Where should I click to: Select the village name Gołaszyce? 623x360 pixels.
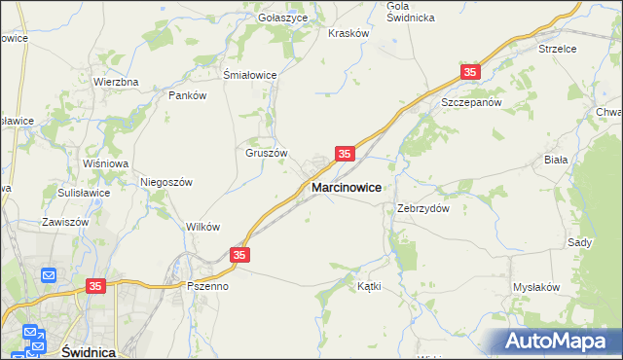283,18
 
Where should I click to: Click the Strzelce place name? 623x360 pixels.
558,48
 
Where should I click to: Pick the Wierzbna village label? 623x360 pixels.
116,82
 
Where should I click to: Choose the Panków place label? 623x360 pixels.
188,95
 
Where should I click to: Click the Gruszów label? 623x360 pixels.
266,153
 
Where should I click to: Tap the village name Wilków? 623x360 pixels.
202,227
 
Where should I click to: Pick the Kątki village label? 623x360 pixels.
369,287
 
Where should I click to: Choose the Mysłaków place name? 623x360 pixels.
536,287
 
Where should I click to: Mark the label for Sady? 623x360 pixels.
580,242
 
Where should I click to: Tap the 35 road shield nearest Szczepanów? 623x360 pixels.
471,72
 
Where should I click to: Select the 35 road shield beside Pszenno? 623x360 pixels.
240,255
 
